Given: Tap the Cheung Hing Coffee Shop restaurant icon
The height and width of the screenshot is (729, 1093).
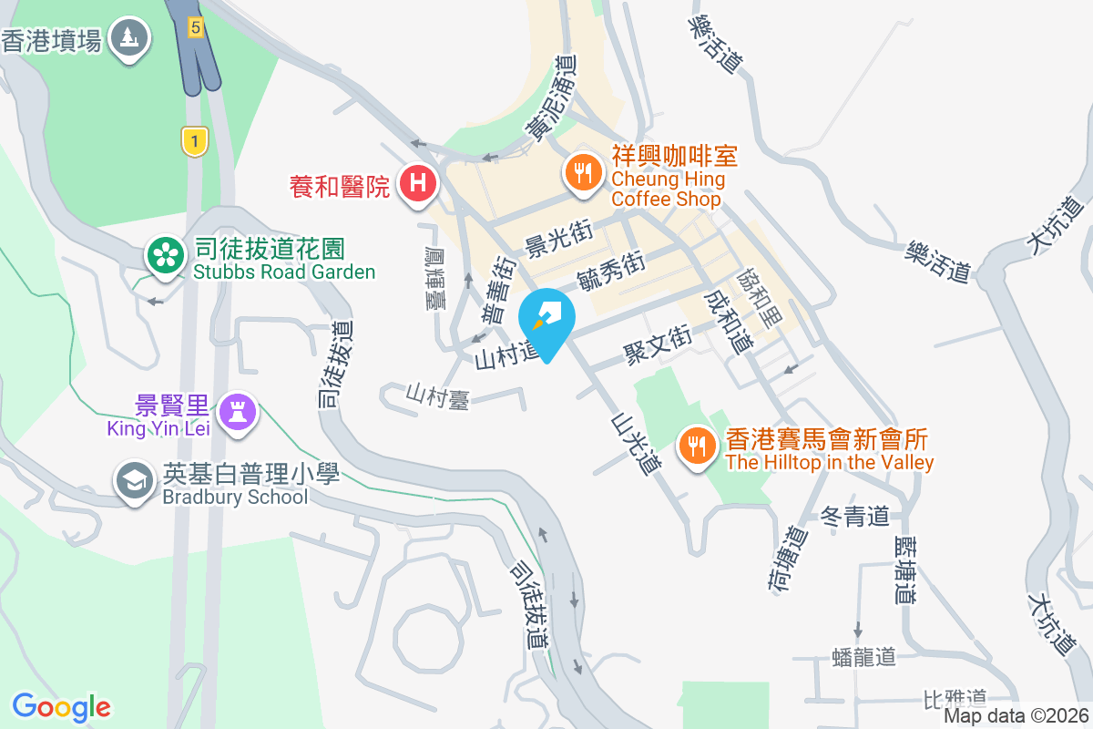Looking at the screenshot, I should pyautogui.click(x=581, y=170).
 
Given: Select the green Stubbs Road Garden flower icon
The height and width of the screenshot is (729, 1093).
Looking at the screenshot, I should pyautogui.click(x=166, y=254).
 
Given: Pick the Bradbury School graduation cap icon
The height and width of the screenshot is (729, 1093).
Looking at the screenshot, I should pyautogui.click(x=134, y=481).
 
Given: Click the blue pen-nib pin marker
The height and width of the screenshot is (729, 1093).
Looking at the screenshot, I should pyautogui.click(x=546, y=319).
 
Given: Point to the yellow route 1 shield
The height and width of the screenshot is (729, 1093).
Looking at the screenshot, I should pyautogui.click(x=194, y=141).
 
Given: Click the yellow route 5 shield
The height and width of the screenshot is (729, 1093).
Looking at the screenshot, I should pyautogui.click(x=195, y=28).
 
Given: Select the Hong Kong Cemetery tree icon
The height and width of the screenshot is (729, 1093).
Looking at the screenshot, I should pyautogui.click(x=128, y=38).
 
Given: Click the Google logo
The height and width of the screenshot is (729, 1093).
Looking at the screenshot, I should pyautogui.click(x=61, y=707).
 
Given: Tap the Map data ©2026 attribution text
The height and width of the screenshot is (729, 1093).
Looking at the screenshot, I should pyautogui.click(x=1016, y=716).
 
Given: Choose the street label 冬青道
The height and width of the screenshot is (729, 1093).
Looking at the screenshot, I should pyautogui.click(x=854, y=517).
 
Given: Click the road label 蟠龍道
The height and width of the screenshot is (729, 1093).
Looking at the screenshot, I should pyautogui.click(x=864, y=656).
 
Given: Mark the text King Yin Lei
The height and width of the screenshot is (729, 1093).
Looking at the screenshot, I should pyautogui.click(x=158, y=427).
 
